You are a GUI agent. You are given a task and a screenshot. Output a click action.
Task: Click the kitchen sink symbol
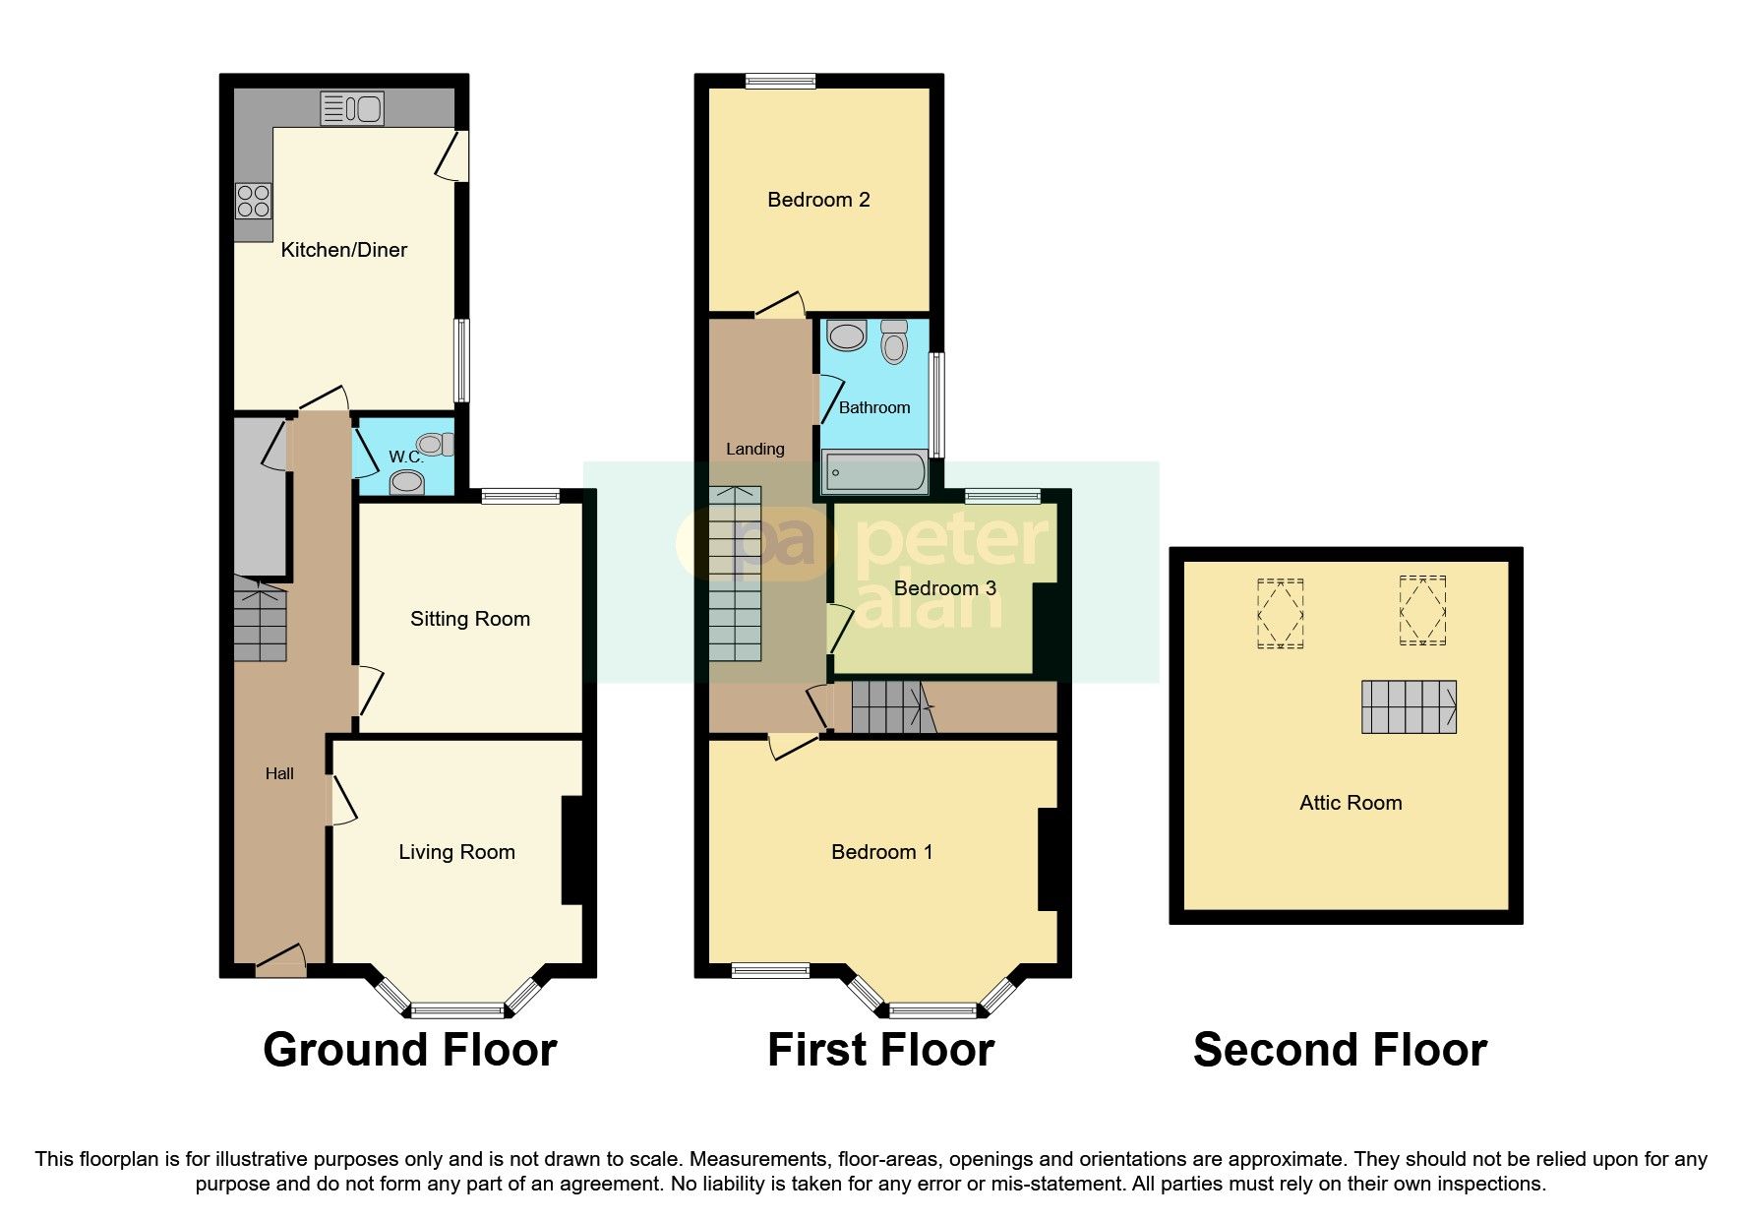point(351,108)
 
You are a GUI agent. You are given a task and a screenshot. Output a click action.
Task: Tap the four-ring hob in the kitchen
point(253,201)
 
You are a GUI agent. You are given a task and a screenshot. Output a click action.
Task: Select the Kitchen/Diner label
point(343,250)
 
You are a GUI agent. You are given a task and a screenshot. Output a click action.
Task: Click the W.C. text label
point(405,457)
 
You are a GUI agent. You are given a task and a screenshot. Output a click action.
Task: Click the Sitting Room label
point(469,619)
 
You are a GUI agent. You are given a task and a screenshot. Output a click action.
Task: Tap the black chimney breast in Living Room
point(572,850)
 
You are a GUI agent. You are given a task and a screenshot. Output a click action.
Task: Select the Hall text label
point(279,773)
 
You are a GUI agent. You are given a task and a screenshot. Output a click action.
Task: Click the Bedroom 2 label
point(818,200)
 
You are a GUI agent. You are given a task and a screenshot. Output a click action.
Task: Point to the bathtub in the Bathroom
point(874,472)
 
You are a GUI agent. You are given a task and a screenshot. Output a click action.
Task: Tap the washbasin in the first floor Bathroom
point(846,335)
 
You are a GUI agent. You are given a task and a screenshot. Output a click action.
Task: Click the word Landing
point(754,449)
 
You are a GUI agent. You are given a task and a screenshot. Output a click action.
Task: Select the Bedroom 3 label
point(944,588)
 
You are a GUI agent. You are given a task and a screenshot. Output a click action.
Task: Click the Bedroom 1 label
point(881,852)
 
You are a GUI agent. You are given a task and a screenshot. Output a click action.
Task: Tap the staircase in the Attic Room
point(1409,706)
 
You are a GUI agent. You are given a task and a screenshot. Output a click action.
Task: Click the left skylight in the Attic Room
point(1280,613)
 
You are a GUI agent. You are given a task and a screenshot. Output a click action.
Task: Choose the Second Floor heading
point(1339,1050)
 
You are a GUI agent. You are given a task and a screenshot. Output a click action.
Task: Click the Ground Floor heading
point(409,1050)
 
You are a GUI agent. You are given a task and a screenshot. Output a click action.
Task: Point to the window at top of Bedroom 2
point(780,82)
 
